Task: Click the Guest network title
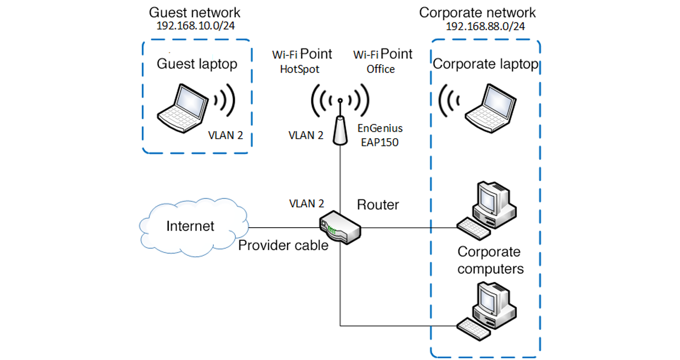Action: [195, 12]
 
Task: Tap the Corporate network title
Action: [477, 12]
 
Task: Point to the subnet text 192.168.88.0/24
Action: [485, 26]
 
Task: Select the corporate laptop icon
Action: [491, 108]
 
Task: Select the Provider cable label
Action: [283, 245]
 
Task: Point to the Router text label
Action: [378, 205]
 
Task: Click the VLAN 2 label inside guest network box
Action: [225, 135]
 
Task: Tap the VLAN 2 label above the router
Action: [306, 204]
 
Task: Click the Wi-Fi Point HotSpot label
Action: [302, 61]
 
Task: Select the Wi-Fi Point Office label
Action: [382, 61]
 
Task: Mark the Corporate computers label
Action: [490, 261]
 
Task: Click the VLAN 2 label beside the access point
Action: [306, 135]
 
